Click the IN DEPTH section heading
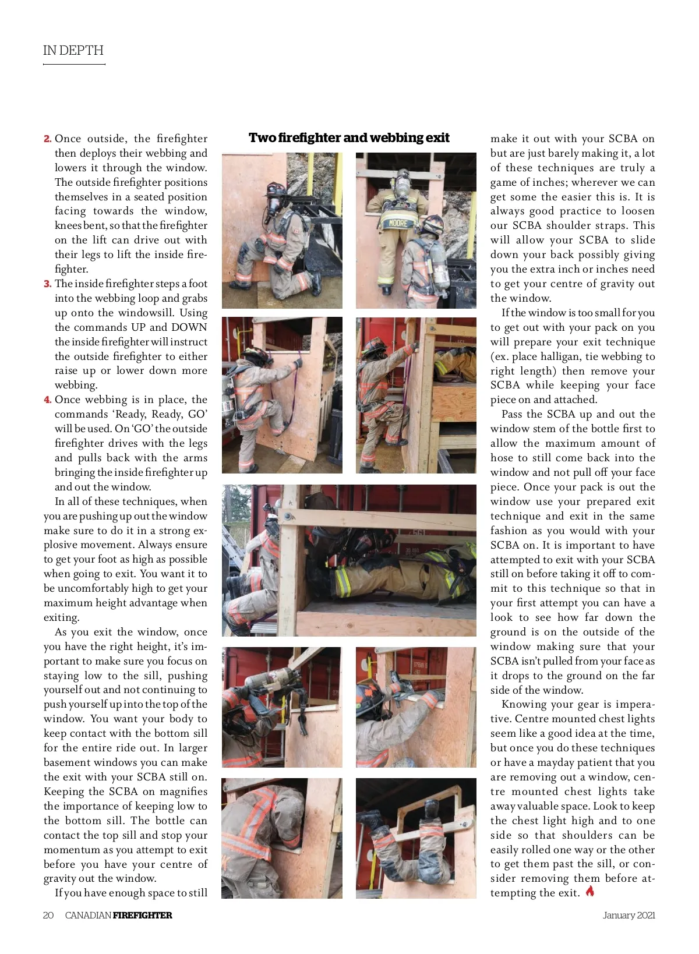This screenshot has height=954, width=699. pos(73,50)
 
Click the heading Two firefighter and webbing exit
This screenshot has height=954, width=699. pos(349,138)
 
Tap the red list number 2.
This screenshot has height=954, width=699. pos(47,139)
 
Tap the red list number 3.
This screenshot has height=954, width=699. pos(47,284)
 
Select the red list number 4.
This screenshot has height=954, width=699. pos(47,400)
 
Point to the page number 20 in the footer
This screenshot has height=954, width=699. pos(48,915)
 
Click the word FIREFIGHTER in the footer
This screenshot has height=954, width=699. pos(142,915)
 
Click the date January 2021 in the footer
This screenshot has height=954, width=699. pos(629,915)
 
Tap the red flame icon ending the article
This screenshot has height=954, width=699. pos(590,891)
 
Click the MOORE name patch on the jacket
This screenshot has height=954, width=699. pos(398,223)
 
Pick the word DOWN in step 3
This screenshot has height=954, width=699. pos(189,327)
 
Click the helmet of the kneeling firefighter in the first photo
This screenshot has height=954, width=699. pos(276,189)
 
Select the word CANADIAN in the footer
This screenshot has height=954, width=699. pos(88,915)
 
